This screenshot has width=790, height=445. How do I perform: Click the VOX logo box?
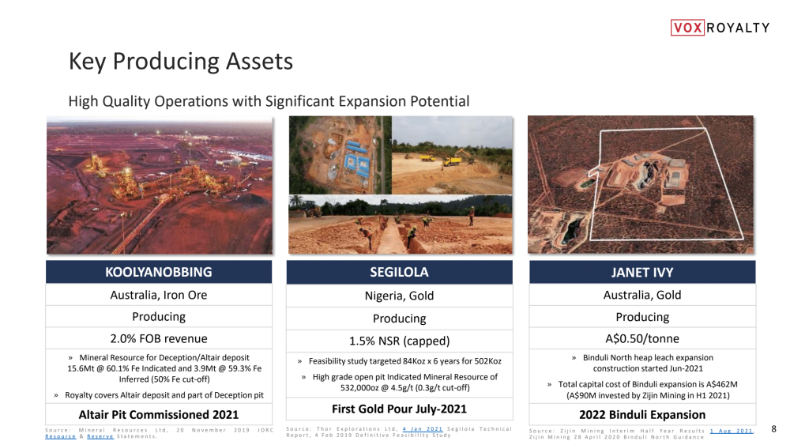(687, 27)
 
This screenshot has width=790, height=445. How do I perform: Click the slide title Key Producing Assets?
(180, 62)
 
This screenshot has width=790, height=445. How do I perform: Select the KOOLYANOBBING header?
(159, 272)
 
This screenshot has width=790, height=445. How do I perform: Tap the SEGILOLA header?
(400, 272)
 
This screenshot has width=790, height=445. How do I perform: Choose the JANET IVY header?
(642, 272)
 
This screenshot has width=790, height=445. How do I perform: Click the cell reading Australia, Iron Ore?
(159, 295)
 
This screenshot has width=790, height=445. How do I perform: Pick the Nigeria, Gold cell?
(400, 296)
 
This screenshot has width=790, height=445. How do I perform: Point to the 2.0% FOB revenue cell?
(159, 338)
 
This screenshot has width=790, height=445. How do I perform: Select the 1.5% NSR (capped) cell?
(400, 341)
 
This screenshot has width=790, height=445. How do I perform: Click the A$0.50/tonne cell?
(642, 338)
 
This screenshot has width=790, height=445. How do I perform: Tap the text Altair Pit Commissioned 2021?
(159, 415)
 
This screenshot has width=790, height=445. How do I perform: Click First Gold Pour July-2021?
(400, 409)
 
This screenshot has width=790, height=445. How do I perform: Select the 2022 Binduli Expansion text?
(642, 415)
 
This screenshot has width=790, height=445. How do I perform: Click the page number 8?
(774, 429)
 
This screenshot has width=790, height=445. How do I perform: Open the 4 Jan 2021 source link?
(422, 429)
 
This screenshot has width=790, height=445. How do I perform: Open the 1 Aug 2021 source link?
(731, 431)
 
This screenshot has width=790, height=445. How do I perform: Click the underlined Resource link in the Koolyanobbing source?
(61, 436)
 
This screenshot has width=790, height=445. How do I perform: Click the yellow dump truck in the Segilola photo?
(451, 161)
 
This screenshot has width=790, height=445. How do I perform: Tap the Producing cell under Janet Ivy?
(642, 317)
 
